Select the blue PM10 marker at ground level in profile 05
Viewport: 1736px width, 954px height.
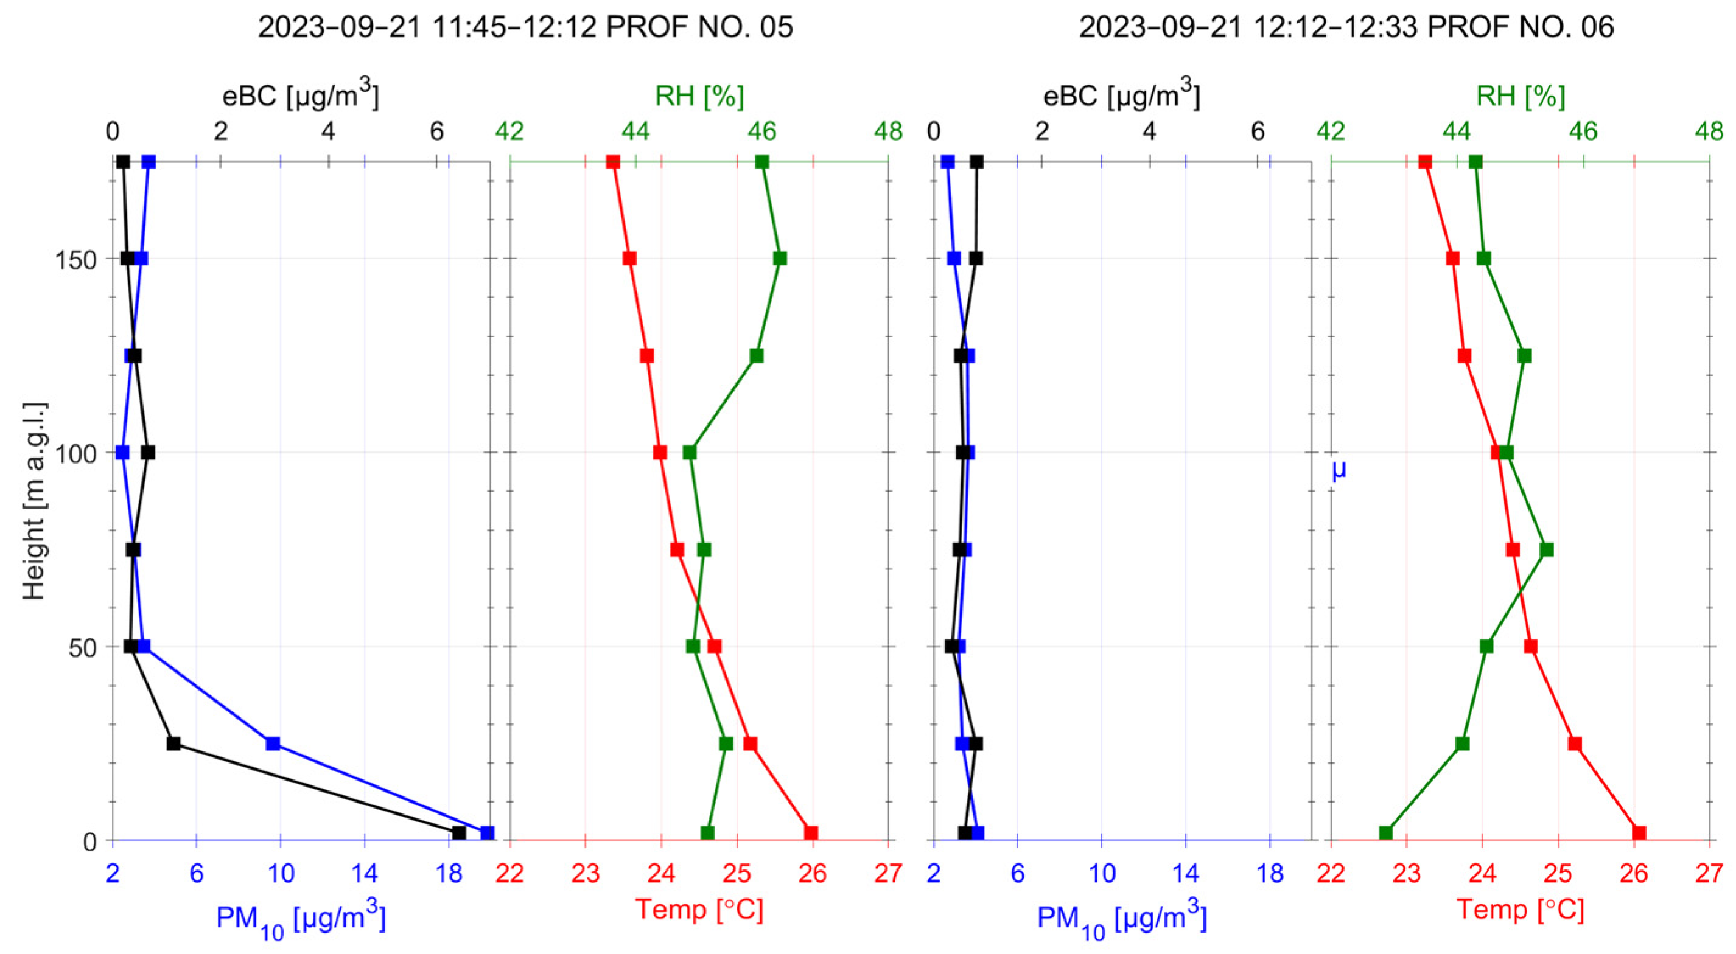486,833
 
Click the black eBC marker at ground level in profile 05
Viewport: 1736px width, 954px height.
459,833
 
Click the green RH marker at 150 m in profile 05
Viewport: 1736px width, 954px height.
780,259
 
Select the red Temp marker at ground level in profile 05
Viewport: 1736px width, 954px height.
811,833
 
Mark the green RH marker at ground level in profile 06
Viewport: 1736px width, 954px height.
1385,833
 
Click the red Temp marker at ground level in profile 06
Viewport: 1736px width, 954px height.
1639,833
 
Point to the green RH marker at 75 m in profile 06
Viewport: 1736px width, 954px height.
1547,550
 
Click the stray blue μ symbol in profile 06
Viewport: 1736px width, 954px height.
1339,470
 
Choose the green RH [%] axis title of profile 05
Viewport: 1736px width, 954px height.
699,97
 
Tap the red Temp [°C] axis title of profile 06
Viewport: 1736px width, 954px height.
1520,910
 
